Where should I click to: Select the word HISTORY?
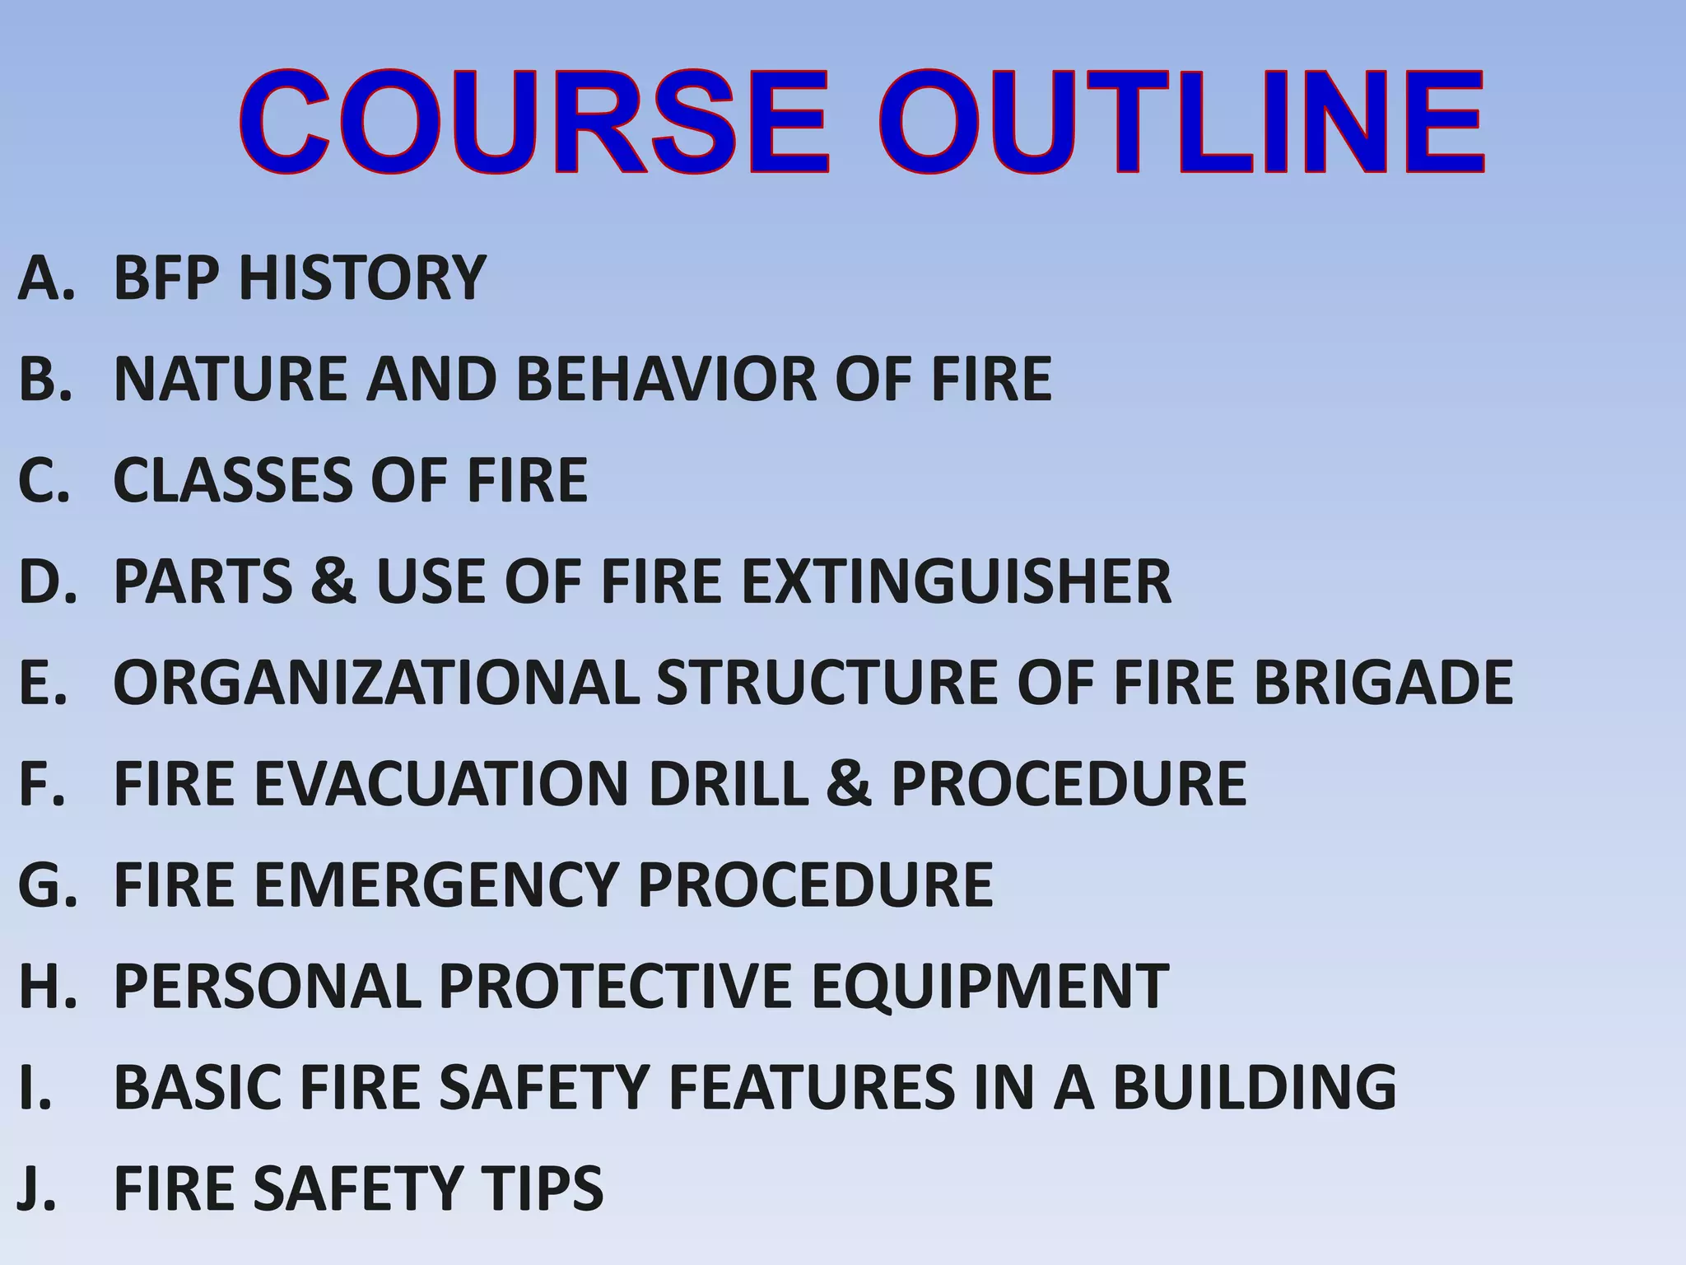click(x=362, y=278)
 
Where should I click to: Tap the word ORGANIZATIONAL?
click(x=375, y=683)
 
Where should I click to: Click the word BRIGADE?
click(x=1383, y=683)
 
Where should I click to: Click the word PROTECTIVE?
click(x=615, y=986)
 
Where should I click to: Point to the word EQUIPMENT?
click(x=990, y=986)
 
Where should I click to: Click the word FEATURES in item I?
click(x=811, y=1087)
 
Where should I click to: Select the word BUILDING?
click(x=1254, y=1087)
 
